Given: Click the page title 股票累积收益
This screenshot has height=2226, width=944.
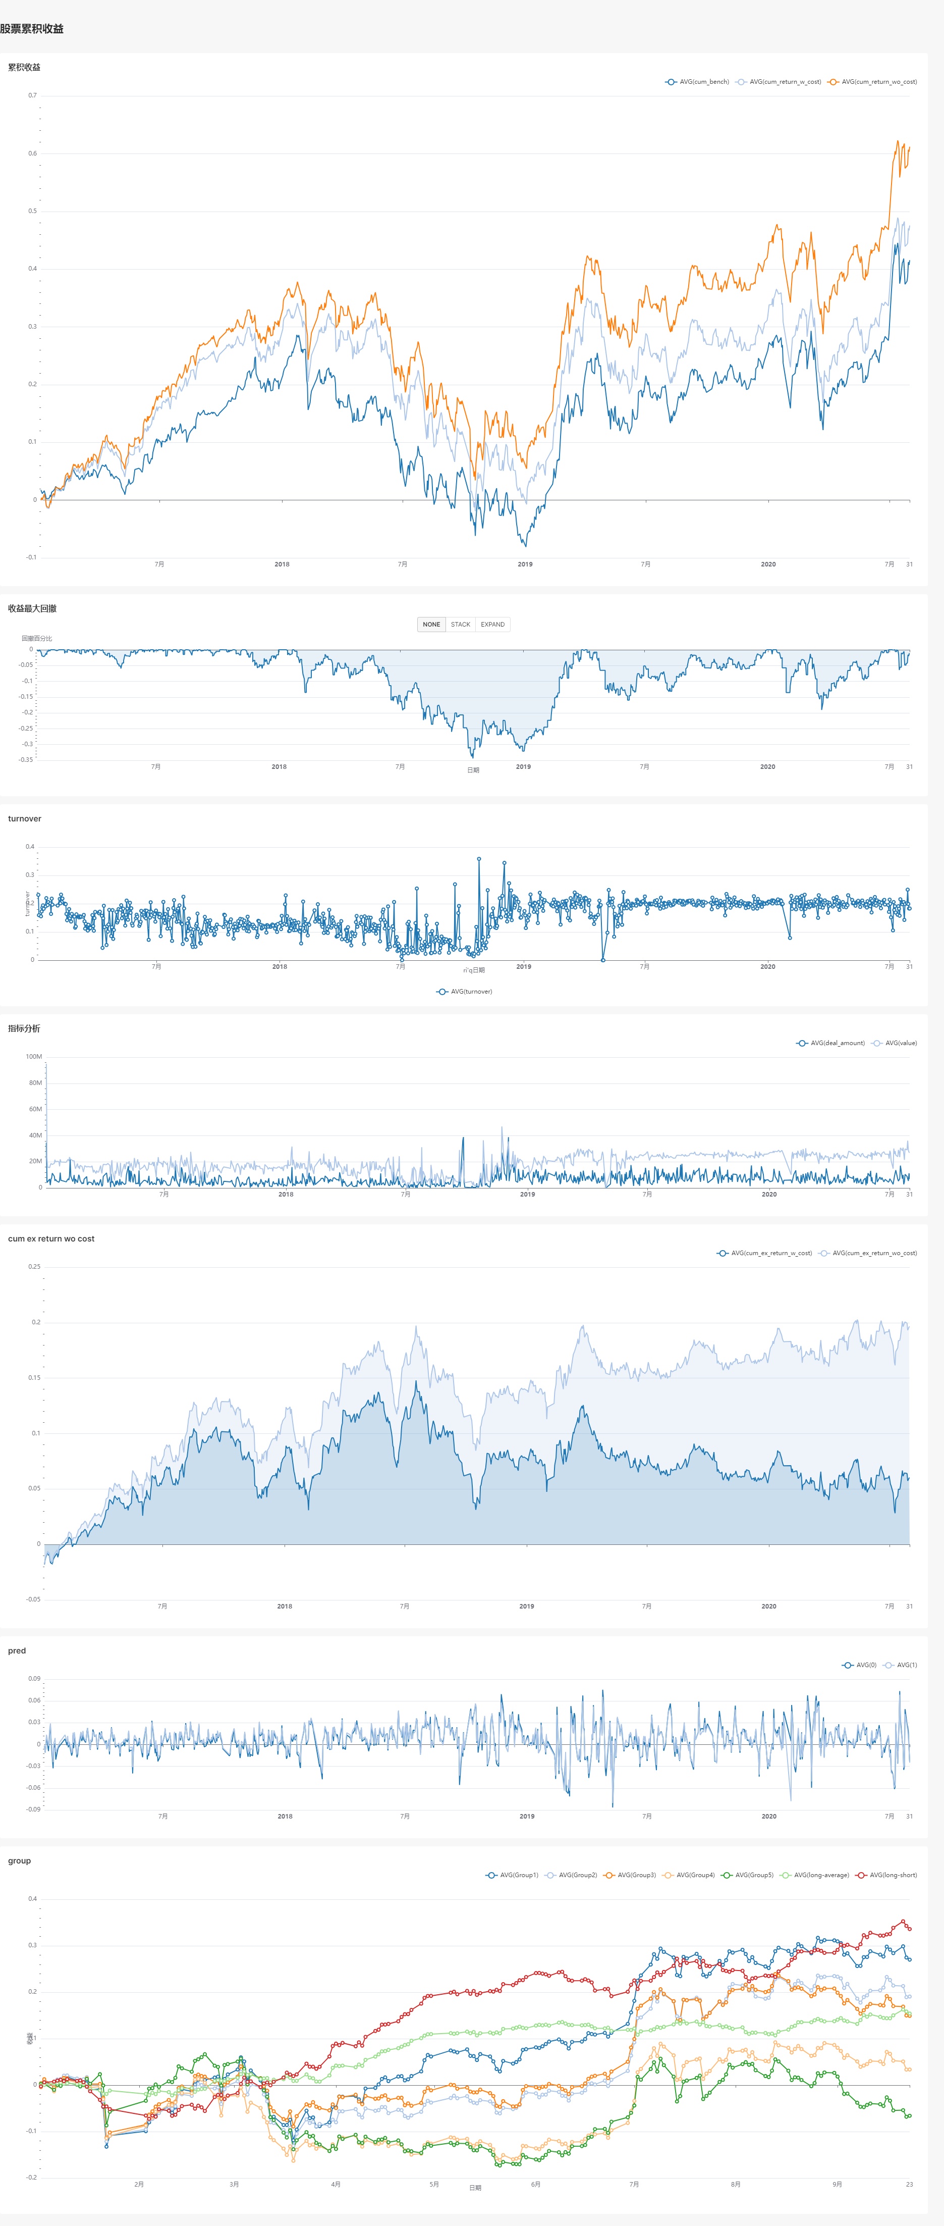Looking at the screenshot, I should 32,28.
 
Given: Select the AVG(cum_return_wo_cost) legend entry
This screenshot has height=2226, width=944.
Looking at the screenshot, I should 872,82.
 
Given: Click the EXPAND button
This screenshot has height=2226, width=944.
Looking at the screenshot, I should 492,624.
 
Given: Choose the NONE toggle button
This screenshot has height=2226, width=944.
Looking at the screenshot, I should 431,624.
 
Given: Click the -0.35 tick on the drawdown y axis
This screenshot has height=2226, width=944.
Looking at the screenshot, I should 26,759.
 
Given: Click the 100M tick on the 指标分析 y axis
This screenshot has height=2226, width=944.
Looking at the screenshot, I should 34,1056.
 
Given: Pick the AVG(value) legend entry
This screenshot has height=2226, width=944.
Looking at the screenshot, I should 895,1043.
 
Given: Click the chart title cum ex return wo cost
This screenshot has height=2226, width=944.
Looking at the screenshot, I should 51,1238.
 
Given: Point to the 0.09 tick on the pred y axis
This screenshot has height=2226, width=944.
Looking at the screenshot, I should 34,1678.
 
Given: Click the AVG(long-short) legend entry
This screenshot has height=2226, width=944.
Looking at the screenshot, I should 886,1875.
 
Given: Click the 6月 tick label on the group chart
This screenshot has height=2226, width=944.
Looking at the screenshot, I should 535,2184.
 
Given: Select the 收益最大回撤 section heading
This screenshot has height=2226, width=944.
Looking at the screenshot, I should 32,608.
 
